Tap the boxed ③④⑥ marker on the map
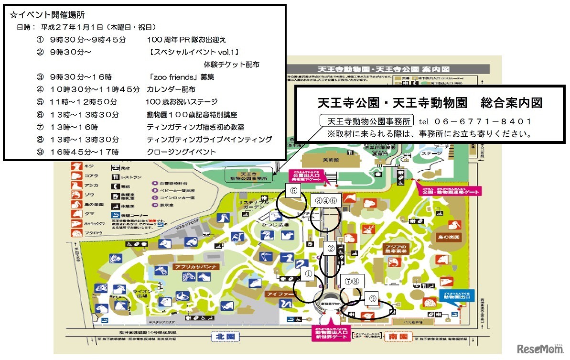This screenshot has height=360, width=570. pos(326,201)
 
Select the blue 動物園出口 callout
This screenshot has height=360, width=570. pos(454,295)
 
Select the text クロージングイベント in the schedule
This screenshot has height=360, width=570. pos(182,152)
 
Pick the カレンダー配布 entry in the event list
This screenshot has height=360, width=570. pos(171,89)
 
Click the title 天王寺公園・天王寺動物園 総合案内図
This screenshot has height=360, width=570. pos(430,103)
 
